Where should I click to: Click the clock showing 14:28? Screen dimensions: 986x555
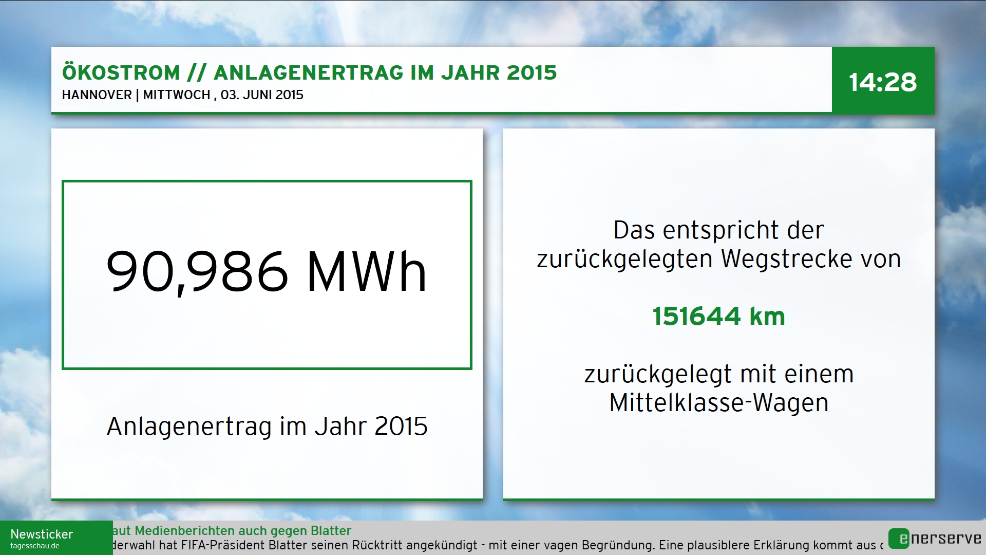pyautogui.click(x=883, y=82)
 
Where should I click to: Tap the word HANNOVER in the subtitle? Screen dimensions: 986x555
pyautogui.click(x=97, y=95)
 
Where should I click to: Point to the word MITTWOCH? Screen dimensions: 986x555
pyautogui.click(x=177, y=95)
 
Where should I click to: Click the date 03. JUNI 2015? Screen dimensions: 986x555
pyautogui.click(x=262, y=95)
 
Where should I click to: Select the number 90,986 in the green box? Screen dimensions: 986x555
pyautogui.click(x=197, y=272)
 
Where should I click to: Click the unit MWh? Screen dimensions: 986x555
pyautogui.click(x=367, y=272)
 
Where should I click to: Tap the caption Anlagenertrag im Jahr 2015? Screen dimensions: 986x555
pyautogui.click(x=267, y=427)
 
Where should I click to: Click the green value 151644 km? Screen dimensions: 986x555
pyautogui.click(x=719, y=316)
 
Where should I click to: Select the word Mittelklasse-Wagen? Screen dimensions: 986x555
pyautogui.click(x=719, y=403)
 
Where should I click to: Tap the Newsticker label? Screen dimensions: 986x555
pyautogui.click(x=42, y=534)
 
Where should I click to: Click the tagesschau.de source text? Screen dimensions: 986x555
pyautogui.click(x=35, y=546)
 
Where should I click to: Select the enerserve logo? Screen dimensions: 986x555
pyautogui.click(x=935, y=539)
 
